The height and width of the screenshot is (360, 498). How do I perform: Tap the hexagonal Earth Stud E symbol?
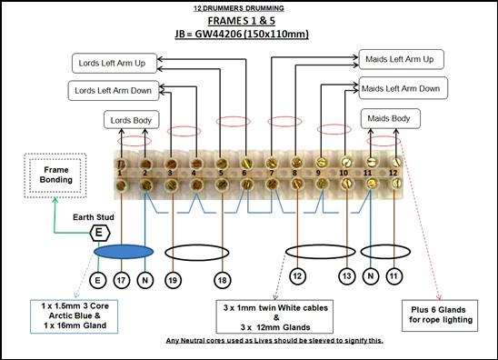(99, 233)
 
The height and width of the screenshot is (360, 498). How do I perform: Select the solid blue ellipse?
(124, 252)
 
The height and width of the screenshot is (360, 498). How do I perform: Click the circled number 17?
(122, 280)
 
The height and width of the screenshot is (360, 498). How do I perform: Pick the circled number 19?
(173, 280)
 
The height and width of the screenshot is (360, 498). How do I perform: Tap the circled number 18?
(222, 280)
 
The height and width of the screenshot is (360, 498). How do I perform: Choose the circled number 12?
(297, 275)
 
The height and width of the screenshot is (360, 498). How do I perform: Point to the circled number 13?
(347, 275)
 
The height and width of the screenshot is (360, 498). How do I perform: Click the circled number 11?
(394, 275)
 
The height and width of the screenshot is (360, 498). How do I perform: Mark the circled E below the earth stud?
(97, 280)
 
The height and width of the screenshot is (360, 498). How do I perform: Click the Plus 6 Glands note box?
(440, 315)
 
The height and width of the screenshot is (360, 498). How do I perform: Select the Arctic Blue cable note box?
(75, 316)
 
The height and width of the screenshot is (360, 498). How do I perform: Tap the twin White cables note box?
(274, 316)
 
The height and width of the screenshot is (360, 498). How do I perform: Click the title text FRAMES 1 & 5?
(242, 21)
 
